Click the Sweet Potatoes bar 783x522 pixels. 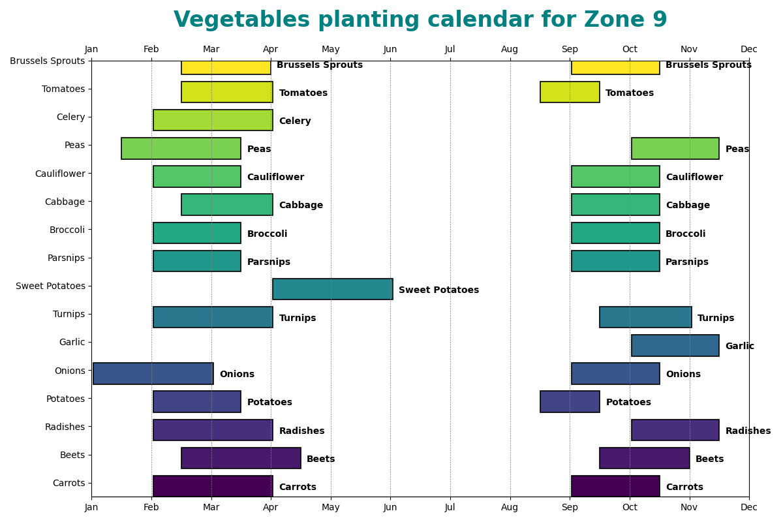click(332, 289)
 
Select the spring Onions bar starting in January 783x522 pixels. click(153, 373)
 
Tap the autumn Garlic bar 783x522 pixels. click(675, 345)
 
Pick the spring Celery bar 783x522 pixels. click(213, 120)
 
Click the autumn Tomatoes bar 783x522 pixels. click(570, 92)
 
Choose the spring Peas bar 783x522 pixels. click(181, 148)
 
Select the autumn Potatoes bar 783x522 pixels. click(570, 401)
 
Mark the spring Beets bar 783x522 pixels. click(241, 458)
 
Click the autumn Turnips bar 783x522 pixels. click(645, 317)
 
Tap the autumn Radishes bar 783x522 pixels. click(675, 430)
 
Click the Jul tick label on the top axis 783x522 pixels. click(450, 50)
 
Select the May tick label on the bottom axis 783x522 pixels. click(331, 508)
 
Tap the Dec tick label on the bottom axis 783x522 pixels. click(749, 508)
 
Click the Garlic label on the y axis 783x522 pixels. click(72, 342)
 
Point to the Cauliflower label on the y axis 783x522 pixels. click(60, 174)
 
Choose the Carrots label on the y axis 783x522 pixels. click(69, 483)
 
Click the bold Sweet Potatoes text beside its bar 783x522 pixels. click(438, 290)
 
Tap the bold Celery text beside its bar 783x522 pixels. click(295, 121)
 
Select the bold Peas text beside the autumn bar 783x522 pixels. click(737, 149)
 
